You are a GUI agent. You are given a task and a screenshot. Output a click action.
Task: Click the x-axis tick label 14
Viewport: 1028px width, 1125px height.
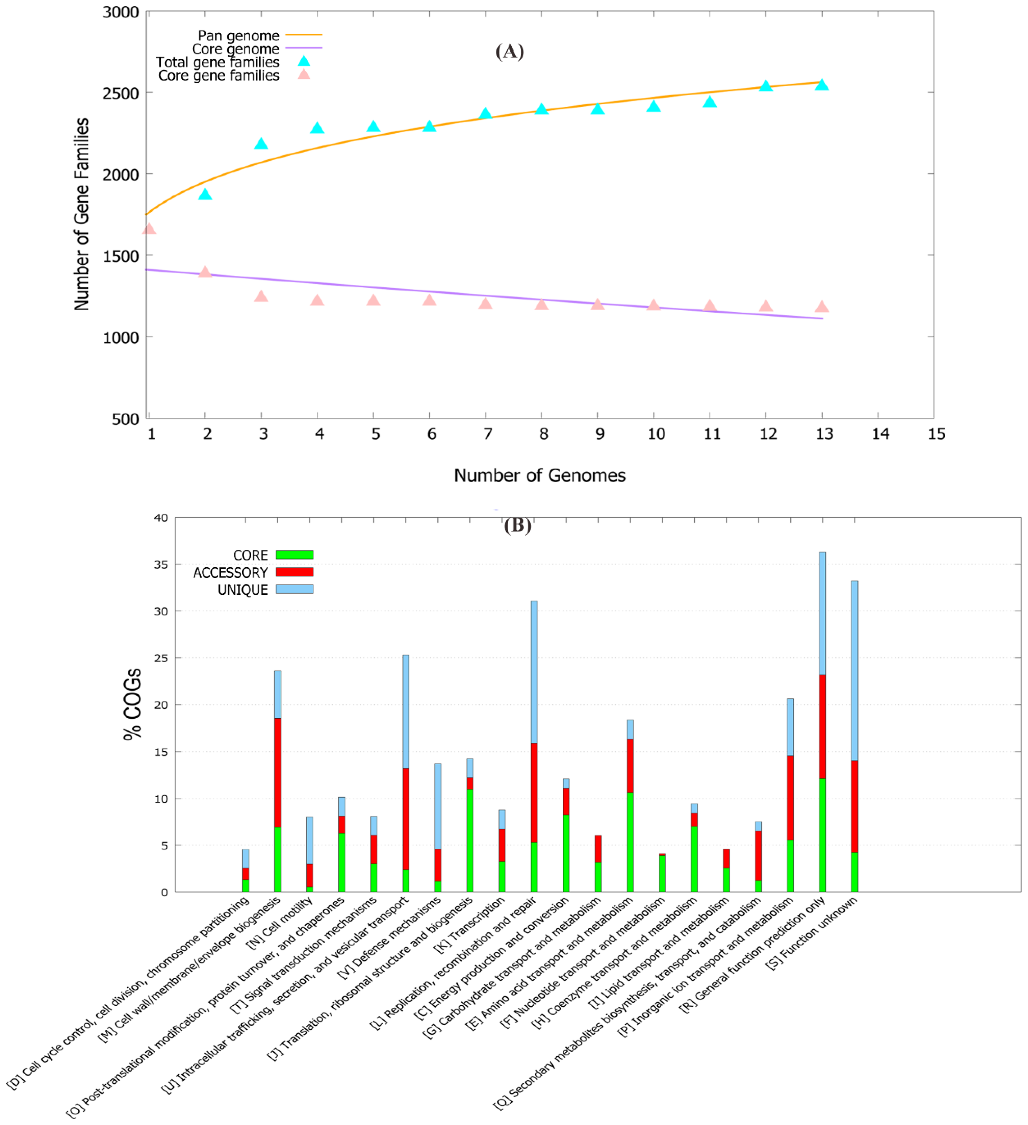click(x=880, y=434)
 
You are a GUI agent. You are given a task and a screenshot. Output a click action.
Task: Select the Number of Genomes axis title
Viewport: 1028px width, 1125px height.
click(x=539, y=475)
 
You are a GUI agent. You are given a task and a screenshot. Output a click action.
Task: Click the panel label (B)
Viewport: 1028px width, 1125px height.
click(x=517, y=525)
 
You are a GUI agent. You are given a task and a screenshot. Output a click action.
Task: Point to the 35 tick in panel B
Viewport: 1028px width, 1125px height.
click(x=161, y=564)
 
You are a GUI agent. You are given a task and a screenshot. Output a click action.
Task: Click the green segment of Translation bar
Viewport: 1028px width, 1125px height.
click(x=469, y=840)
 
